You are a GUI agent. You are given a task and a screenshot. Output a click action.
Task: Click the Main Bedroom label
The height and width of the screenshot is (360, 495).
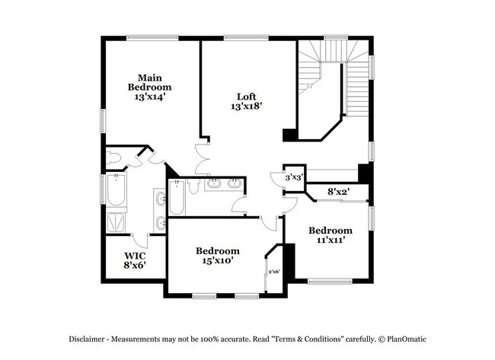(x=149, y=87)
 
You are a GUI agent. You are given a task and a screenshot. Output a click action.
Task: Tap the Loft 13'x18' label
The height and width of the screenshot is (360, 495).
(x=246, y=101)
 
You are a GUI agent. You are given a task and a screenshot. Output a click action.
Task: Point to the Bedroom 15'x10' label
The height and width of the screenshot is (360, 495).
(x=217, y=255)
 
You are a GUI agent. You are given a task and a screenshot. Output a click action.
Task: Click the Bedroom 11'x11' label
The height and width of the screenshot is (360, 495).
(x=330, y=234)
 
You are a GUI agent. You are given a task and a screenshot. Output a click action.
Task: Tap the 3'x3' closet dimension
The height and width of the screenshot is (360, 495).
(x=294, y=177)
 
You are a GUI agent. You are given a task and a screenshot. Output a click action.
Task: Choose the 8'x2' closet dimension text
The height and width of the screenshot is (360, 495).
(x=337, y=192)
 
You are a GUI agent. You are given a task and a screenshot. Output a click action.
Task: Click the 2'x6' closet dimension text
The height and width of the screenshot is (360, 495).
(x=274, y=272)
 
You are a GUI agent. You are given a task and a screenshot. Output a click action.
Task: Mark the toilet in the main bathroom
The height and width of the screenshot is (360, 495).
(x=115, y=158)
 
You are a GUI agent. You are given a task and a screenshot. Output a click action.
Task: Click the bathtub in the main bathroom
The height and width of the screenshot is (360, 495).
(x=117, y=190)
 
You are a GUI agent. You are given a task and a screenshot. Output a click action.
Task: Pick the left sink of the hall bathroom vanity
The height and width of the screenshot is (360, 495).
(x=215, y=183)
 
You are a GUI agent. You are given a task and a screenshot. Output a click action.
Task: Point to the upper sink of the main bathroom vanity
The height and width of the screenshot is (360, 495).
(x=160, y=199)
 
